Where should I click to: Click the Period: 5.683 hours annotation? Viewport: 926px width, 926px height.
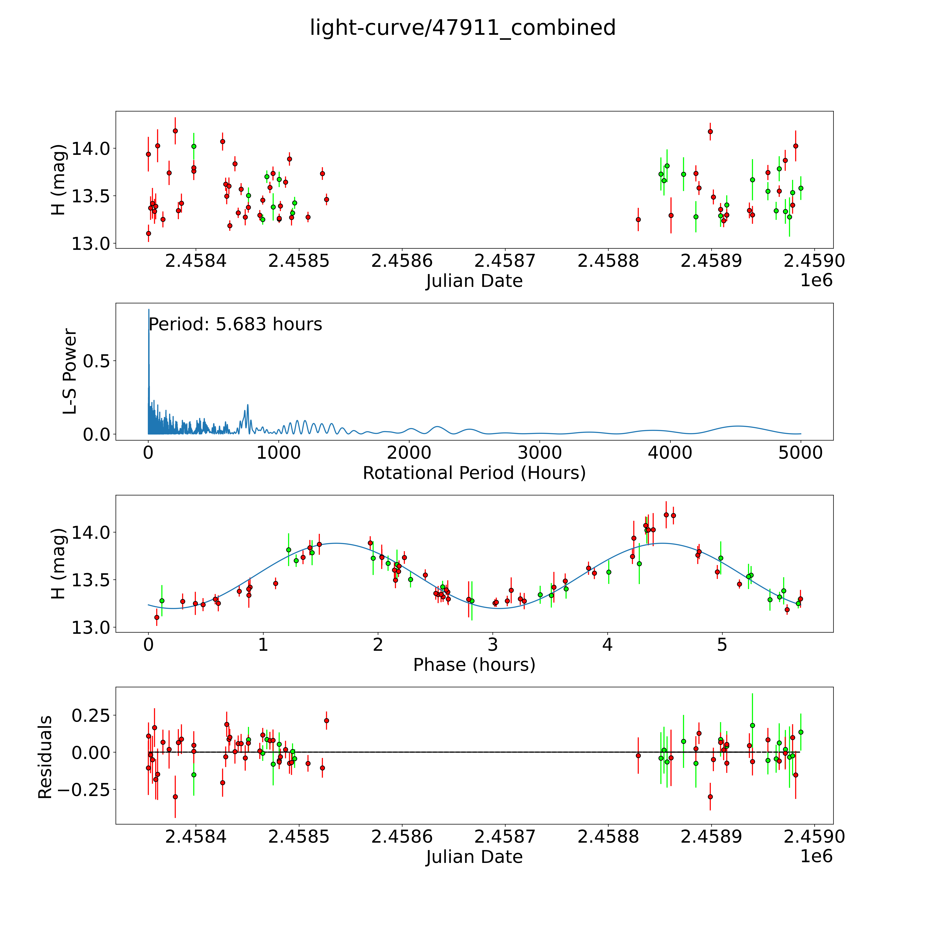[235, 324]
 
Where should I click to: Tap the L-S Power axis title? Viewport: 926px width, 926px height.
[70, 371]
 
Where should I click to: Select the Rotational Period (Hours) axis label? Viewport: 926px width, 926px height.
[474, 473]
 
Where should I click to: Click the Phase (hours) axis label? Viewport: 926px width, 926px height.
[474, 665]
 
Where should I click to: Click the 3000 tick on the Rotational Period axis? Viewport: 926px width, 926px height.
[540, 453]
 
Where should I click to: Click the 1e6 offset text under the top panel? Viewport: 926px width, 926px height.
[816, 280]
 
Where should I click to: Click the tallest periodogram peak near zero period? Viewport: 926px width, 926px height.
[149, 311]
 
